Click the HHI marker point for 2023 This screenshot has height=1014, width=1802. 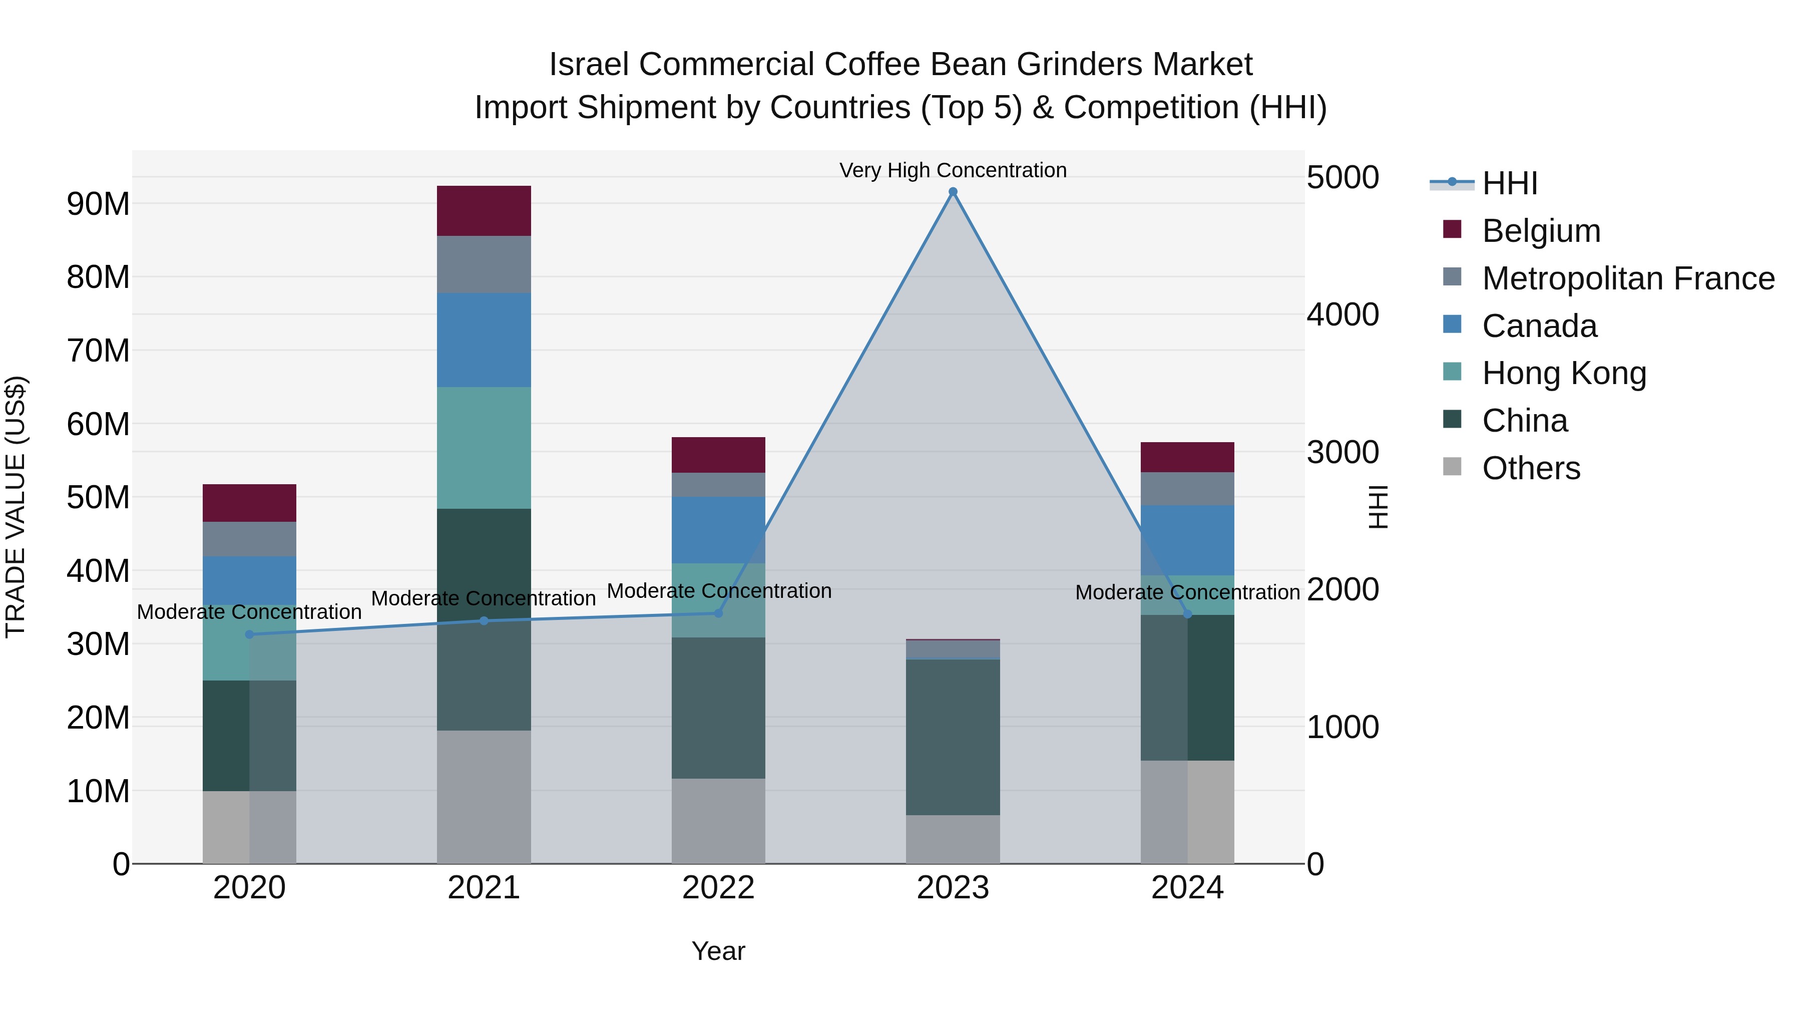click(x=953, y=192)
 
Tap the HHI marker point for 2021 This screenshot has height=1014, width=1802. click(x=484, y=621)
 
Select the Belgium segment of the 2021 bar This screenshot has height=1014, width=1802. click(x=484, y=211)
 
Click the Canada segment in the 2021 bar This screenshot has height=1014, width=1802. click(x=484, y=340)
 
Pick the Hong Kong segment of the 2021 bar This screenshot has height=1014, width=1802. click(x=484, y=448)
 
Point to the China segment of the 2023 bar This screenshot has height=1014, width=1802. click(x=953, y=737)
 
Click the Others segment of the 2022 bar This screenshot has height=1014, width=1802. click(x=718, y=821)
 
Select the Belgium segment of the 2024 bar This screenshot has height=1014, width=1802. click(x=1187, y=457)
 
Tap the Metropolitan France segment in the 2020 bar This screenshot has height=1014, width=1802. click(x=250, y=539)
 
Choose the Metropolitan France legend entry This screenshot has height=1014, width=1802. click(x=1628, y=278)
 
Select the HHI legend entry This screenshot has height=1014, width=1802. click(x=1510, y=183)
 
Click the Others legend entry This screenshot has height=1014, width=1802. click(x=1531, y=468)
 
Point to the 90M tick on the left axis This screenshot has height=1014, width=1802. click(x=98, y=204)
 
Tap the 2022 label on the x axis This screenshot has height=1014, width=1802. click(x=718, y=888)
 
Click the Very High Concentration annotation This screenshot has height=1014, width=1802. click(x=953, y=170)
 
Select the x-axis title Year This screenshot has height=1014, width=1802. click(x=718, y=951)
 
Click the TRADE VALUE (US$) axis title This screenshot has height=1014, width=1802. click(x=16, y=507)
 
